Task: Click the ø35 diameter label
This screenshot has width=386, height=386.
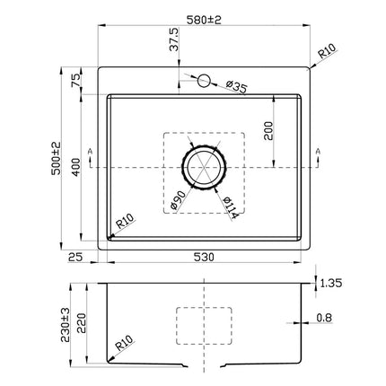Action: [x=236, y=86]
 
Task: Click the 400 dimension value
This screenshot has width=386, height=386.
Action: [x=77, y=165]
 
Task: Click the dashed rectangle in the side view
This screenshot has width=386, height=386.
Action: [x=204, y=324]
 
